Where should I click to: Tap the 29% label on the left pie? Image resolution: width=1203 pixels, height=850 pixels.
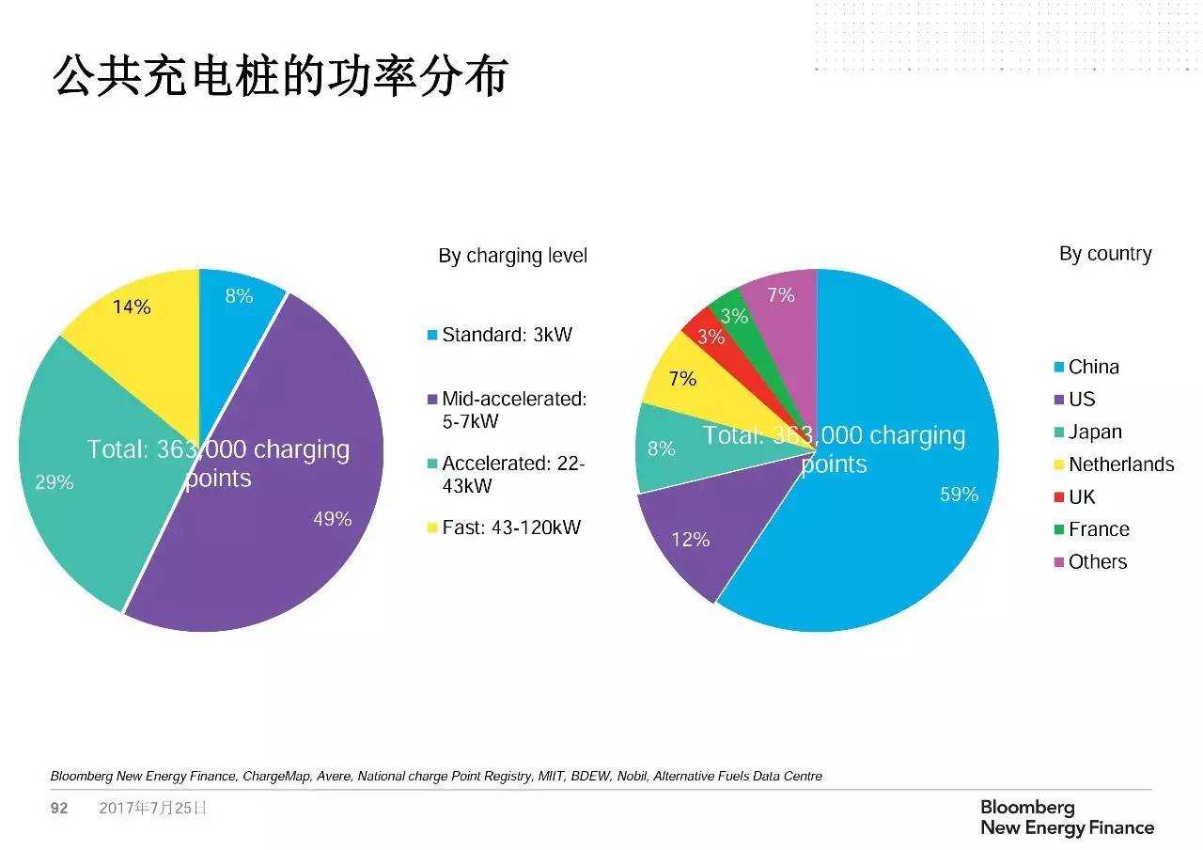coord(55,482)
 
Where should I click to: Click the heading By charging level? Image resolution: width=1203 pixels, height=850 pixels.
coord(512,256)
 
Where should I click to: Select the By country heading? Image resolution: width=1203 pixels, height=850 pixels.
coord(1105,254)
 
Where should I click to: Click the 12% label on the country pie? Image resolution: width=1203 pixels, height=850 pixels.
coord(691,540)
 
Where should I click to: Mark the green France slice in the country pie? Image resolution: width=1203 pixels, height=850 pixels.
coord(728,310)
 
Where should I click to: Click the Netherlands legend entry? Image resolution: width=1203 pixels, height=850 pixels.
coord(1121,464)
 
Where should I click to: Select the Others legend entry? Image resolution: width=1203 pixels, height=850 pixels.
coord(1097,562)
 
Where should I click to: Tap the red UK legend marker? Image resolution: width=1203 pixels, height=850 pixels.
coord(1060,497)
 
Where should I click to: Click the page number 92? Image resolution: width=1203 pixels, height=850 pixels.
coord(59,809)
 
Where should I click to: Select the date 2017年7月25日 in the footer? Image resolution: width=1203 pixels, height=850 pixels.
coord(152,809)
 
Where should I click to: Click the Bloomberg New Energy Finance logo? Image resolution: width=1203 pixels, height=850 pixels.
coord(1067,818)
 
